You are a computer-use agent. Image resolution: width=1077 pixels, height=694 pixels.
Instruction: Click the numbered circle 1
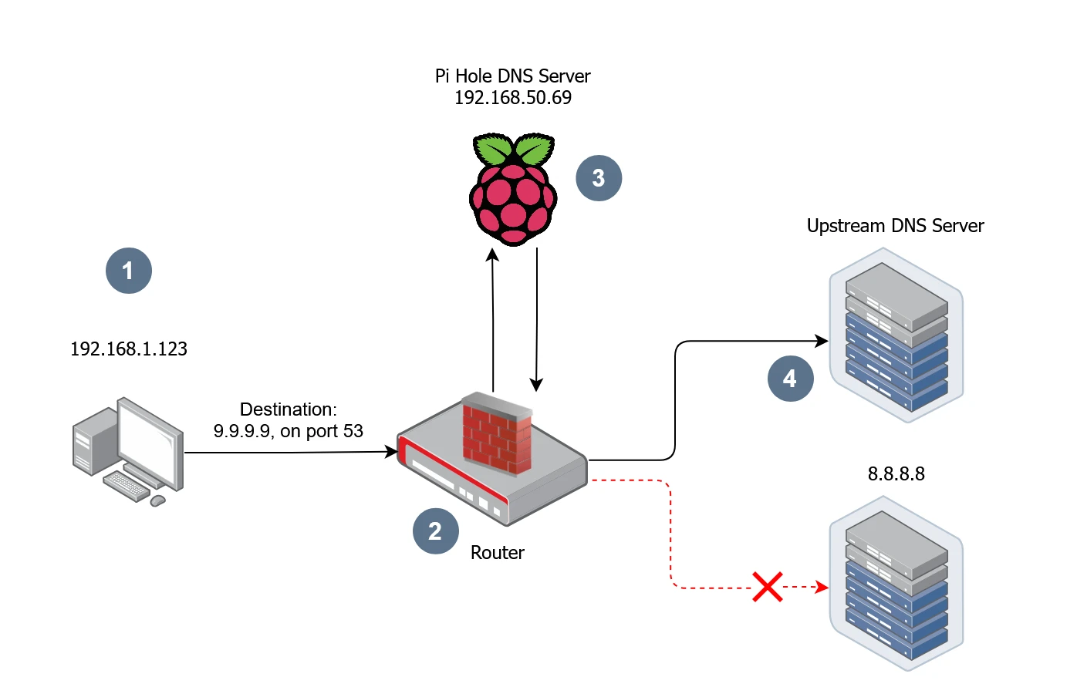coord(128,271)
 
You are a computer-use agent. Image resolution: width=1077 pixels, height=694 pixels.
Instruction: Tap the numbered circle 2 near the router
coord(435,531)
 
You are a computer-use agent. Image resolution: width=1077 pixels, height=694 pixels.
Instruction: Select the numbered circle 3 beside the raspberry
coord(599,178)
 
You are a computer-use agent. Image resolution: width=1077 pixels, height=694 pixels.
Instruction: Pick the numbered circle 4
coord(790,379)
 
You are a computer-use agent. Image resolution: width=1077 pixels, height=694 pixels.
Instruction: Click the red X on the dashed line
coord(768,587)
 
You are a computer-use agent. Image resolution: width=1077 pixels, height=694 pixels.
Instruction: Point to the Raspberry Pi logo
coord(513,190)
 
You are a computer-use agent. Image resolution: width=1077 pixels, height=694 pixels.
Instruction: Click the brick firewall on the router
coord(497,433)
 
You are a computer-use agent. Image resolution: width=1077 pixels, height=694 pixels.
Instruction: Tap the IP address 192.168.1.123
coord(129,349)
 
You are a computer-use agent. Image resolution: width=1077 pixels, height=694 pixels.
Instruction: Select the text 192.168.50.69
coord(513,98)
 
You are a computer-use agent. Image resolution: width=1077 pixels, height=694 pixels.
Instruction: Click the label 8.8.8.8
coord(896,474)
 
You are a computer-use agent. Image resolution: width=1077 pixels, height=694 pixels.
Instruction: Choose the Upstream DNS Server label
coord(895,226)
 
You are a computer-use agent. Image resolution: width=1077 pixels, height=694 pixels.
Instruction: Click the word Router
coord(497,553)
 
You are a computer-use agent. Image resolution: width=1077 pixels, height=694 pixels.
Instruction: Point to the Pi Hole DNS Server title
coord(513,76)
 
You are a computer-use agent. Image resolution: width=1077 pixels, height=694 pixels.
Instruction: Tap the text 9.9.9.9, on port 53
coord(288,431)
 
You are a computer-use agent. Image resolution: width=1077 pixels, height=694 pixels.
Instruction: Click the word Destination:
coord(288,409)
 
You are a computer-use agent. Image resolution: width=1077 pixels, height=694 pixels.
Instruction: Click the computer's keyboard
coord(126,486)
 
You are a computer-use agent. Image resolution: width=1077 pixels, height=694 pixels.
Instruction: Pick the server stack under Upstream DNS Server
coord(896,335)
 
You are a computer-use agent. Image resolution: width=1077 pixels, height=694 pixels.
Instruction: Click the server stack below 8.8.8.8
coord(896,584)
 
